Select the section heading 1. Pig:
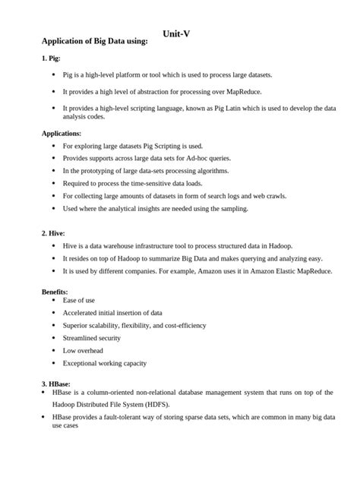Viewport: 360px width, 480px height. coord(51,58)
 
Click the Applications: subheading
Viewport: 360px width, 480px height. coord(62,133)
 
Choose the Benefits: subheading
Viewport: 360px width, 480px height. coord(55,292)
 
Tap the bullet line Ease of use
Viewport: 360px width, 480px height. coord(79,300)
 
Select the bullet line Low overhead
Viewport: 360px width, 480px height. coord(84,350)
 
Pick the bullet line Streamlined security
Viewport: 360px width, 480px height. coord(92,337)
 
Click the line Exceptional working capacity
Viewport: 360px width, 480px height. coord(105,363)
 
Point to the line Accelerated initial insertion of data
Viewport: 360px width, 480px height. coord(112,312)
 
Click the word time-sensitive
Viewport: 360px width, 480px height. coord(155,183)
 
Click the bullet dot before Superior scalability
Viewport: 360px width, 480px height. coord(52,325)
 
